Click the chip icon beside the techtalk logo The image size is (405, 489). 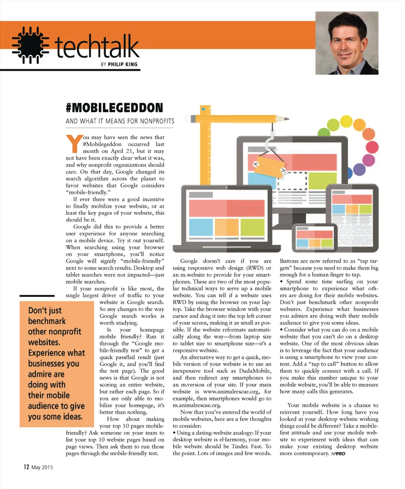(30, 45)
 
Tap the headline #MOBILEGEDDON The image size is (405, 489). (114, 108)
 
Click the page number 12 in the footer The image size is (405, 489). (26, 467)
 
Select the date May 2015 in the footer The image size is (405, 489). (42, 467)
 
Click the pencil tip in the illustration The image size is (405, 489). (286, 119)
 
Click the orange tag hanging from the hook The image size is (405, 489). (269, 164)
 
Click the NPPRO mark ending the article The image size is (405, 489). (338, 453)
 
